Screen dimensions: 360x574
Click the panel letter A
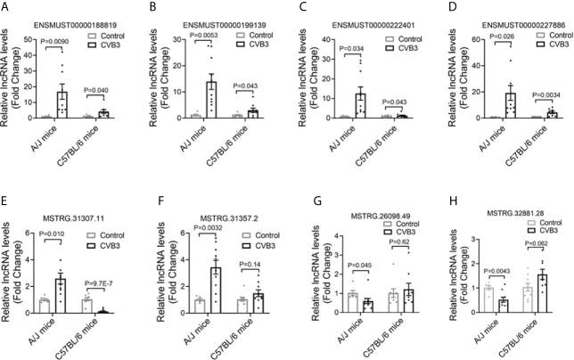6,9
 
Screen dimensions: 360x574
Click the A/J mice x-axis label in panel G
334,331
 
